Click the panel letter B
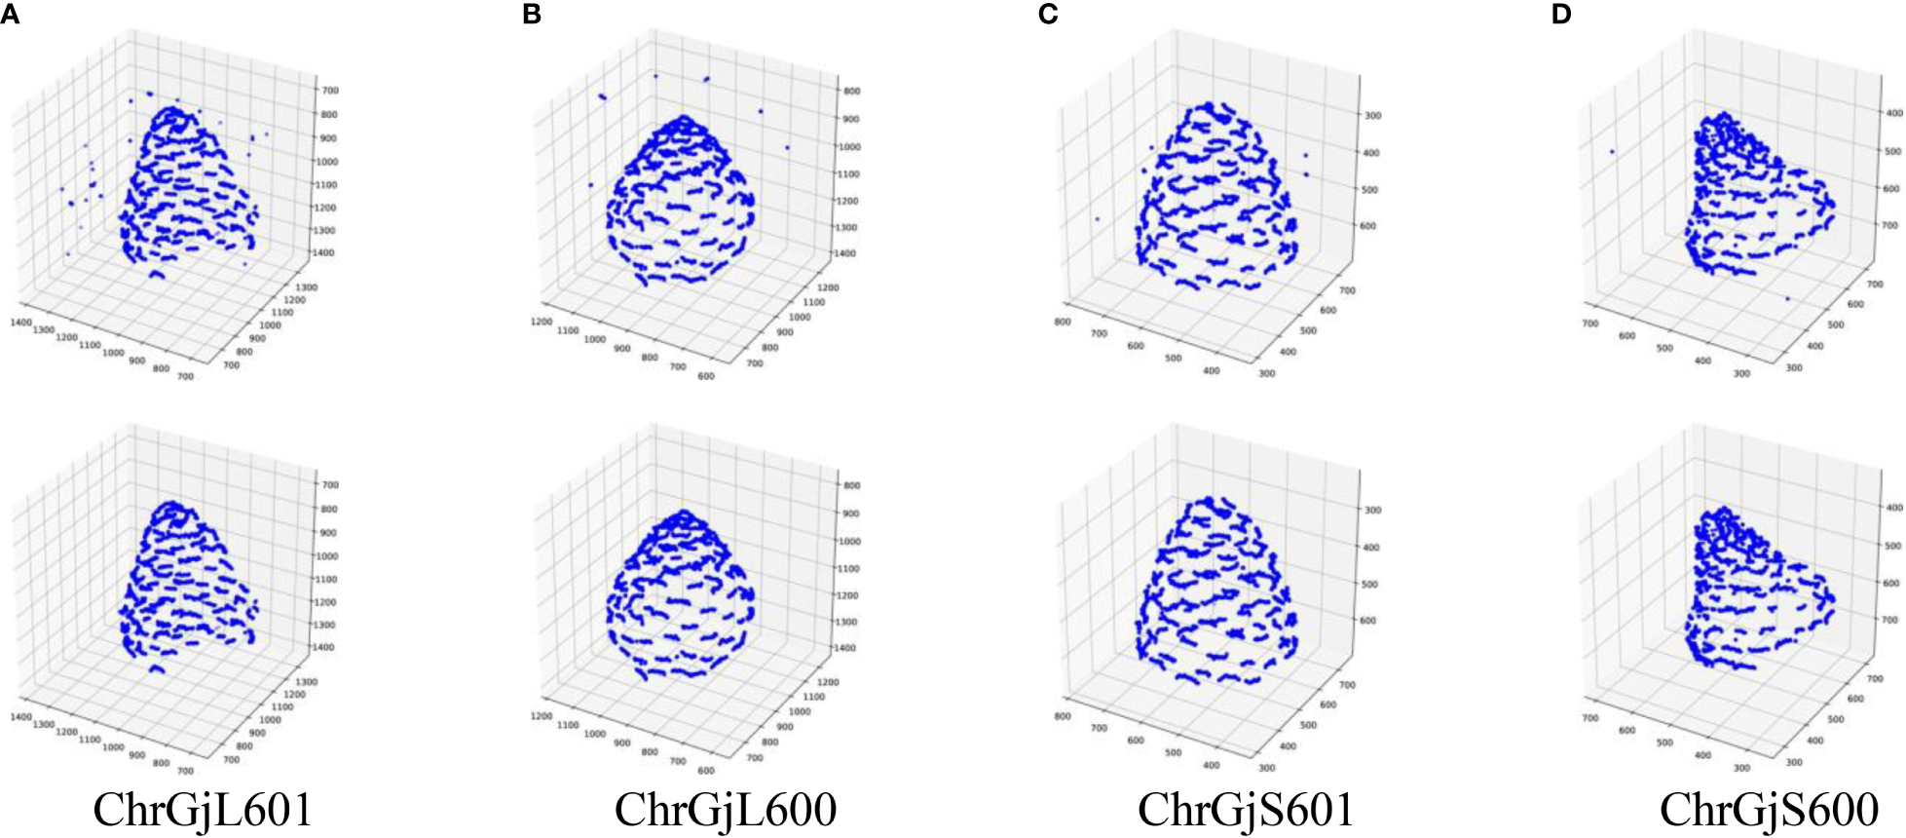532,16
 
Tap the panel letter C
1048,16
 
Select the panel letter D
1561,16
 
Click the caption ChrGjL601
203,810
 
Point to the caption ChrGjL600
726,810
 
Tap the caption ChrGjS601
1246,810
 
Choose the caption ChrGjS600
1769,810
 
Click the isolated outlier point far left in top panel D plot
1612,151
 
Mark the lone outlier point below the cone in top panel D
1787,298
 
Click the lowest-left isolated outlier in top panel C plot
1097,219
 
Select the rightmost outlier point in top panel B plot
787,147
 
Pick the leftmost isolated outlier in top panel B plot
590,184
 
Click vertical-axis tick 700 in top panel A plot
330,91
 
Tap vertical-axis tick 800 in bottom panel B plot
850,485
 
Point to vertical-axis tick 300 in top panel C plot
1372,116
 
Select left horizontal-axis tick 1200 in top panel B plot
542,323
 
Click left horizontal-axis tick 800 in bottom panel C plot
1063,716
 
